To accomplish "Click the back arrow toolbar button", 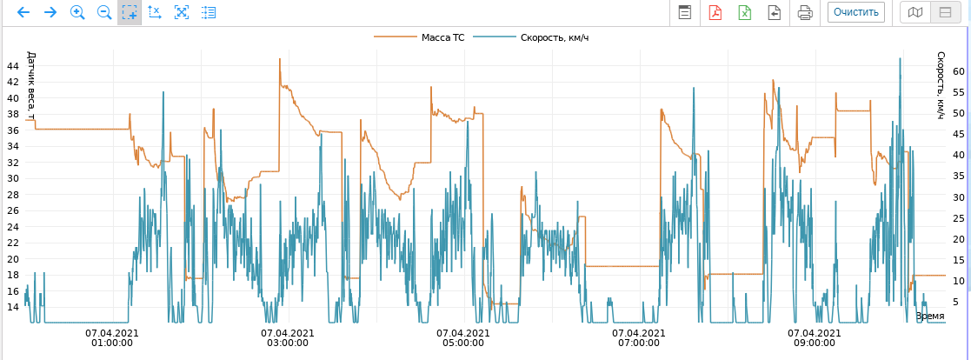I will point(23,12).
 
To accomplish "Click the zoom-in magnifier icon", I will point(77,12).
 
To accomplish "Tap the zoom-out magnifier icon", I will point(103,12).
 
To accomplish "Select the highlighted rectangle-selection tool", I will point(130,12).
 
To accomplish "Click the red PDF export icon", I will point(715,12).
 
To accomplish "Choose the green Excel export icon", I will point(745,12).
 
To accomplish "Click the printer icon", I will point(805,12).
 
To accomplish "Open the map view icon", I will point(914,12).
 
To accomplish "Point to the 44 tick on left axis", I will point(13,66).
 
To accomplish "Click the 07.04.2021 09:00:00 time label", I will point(814,337).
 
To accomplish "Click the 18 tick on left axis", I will point(13,275).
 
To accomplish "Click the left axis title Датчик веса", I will point(31,86).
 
